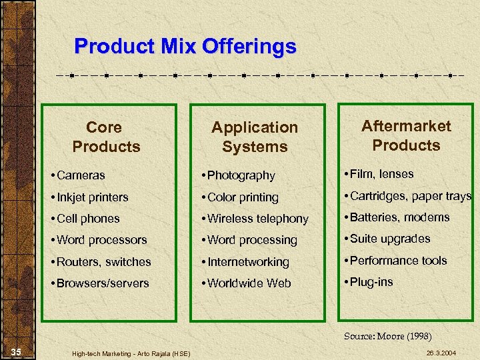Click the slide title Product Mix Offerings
click(x=185, y=47)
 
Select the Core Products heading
click(x=105, y=137)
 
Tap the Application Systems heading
click(x=255, y=137)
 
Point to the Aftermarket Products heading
click(x=406, y=135)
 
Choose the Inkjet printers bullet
click(x=89, y=197)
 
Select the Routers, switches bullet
click(x=101, y=262)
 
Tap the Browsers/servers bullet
click(x=99, y=283)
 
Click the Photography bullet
click(x=238, y=176)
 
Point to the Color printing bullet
click(x=240, y=197)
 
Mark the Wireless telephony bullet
click(x=255, y=219)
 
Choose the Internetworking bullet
click(x=245, y=262)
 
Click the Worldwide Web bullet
click(x=246, y=283)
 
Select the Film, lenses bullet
click(x=379, y=174)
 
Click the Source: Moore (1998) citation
click(x=387, y=336)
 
